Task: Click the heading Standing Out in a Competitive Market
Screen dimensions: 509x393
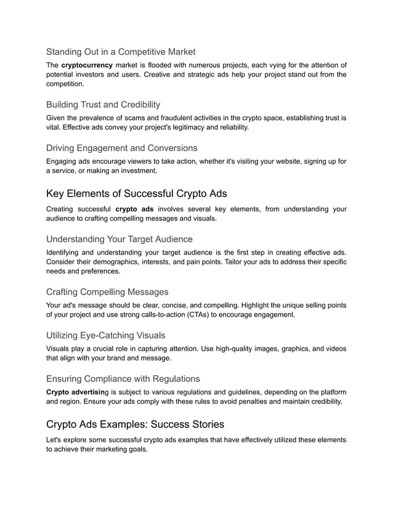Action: (x=121, y=52)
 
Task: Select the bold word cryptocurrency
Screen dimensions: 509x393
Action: (x=87, y=65)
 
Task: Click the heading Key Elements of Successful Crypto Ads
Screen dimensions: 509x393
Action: (x=137, y=193)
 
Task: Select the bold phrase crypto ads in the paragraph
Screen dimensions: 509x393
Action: (x=134, y=210)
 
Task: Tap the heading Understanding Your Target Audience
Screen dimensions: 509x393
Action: (x=120, y=238)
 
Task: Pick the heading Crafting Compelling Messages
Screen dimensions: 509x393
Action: (x=107, y=291)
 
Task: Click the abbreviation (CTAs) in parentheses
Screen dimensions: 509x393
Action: (x=212, y=315)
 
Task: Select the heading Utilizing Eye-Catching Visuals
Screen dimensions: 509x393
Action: (x=106, y=335)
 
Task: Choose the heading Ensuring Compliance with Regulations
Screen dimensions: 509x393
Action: (x=123, y=378)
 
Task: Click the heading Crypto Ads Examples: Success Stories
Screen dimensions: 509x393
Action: (x=136, y=425)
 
